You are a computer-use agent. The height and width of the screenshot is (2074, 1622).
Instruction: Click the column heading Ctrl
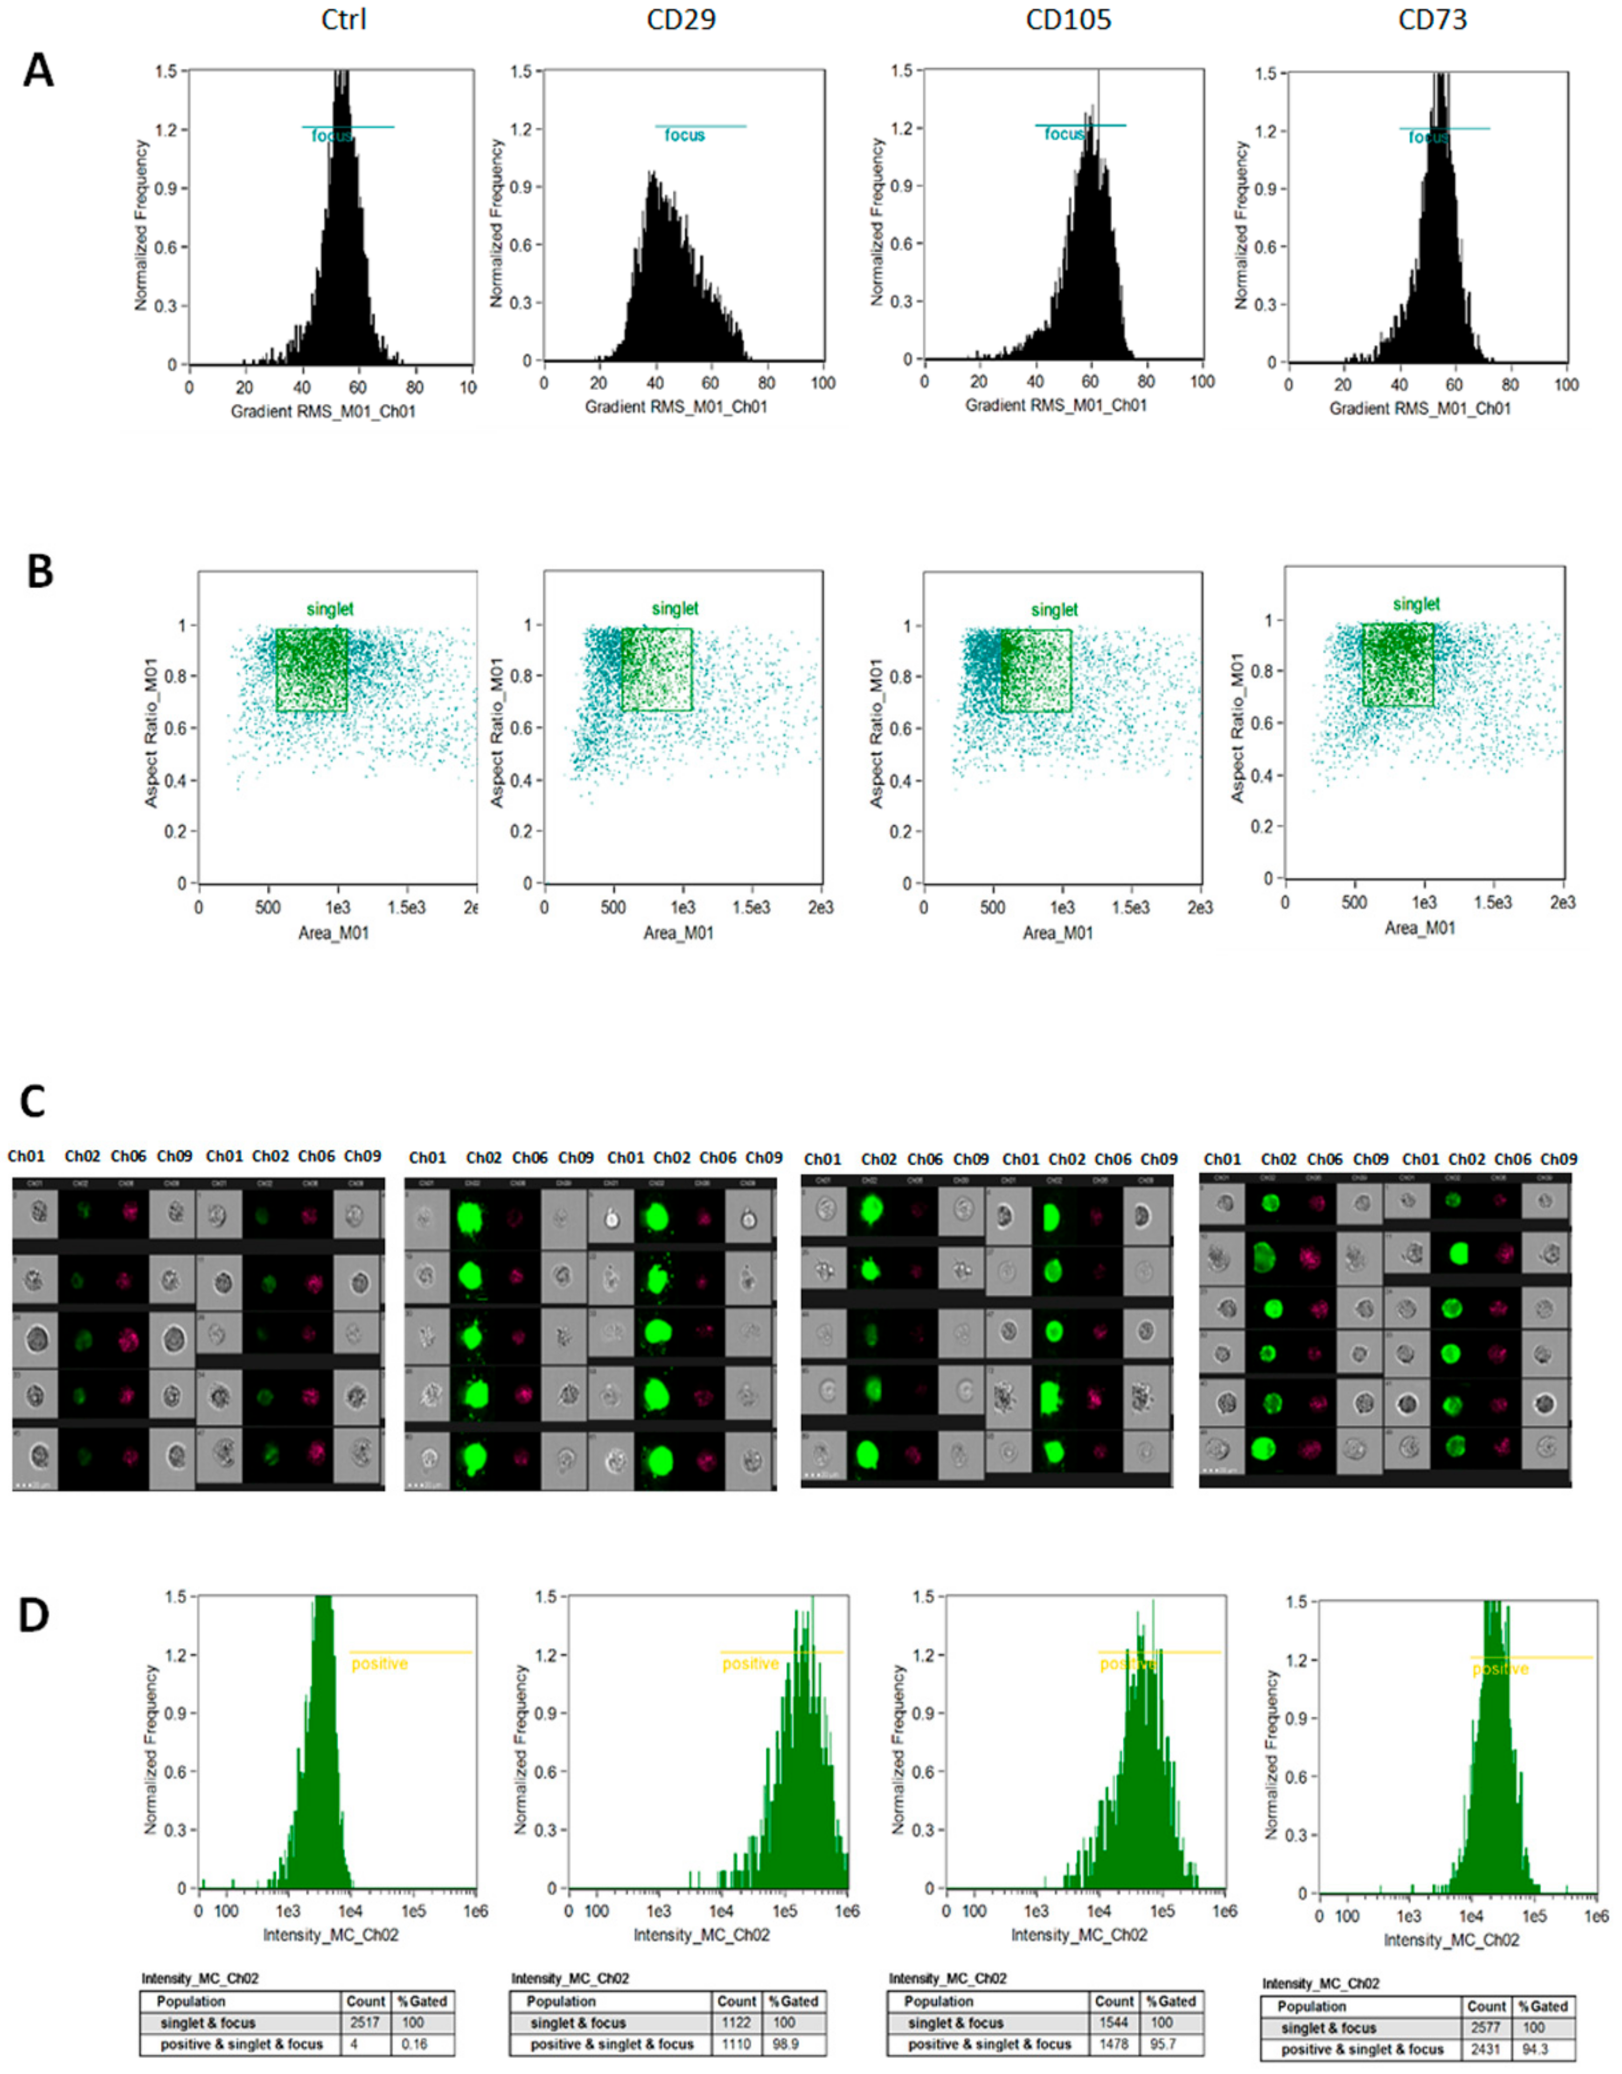[344, 20]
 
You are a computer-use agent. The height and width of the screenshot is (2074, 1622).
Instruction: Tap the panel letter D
[34, 1615]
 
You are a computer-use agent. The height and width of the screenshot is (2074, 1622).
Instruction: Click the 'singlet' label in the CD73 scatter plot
[1416, 604]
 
